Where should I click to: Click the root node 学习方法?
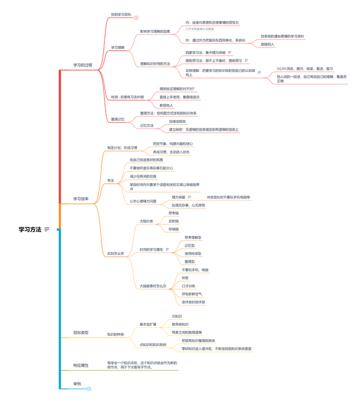[x=30, y=229]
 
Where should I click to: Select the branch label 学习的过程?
[x=83, y=65]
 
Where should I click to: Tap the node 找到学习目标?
[x=121, y=14]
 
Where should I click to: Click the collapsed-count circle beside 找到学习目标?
[x=136, y=18]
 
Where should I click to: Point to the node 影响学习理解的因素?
[x=155, y=31]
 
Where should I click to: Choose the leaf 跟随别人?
[x=268, y=44]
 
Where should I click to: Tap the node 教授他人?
[x=166, y=105]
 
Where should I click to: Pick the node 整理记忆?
[x=118, y=119]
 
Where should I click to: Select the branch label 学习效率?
[x=81, y=199]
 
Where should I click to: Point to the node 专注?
[x=110, y=180]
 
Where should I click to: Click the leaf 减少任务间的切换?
[x=143, y=176]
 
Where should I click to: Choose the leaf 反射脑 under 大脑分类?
[x=173, y=221]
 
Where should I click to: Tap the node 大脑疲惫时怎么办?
[x=152, y=286]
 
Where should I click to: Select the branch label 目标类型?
[x=81, y=332]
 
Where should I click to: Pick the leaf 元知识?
[x=176, y=316]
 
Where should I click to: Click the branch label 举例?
[x=77, y=383]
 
